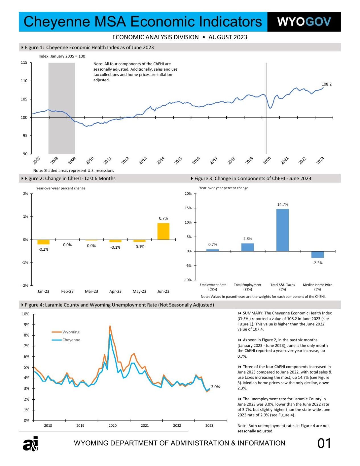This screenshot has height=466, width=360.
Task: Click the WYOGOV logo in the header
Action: (304, 22)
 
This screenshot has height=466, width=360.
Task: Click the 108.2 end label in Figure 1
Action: (326, 84)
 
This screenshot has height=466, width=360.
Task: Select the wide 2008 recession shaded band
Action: (61, 108)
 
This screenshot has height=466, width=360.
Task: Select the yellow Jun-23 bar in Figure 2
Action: (163, 231)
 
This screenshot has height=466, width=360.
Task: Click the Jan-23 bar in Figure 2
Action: (43, 242)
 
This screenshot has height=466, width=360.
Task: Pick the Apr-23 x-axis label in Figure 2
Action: (115, 291)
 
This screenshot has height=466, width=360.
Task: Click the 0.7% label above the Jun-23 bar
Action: (163, 218)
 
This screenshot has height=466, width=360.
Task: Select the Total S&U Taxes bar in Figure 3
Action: (282, 230)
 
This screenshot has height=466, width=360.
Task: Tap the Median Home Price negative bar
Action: (317, 254)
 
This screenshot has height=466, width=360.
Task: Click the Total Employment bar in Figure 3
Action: (247, 247)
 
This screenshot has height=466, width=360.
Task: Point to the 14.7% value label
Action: (283, 204)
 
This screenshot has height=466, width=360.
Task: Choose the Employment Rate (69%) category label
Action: (213, 287)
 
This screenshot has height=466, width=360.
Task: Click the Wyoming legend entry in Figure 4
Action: (71, 332)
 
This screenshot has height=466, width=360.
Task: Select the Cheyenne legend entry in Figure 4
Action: (71, 340)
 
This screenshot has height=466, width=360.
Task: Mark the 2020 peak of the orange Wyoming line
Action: (110, 326)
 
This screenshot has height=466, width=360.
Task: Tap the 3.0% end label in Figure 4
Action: (215, 387)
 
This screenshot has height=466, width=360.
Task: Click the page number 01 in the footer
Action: (324, 443)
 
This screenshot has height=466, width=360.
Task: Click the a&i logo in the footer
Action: (30, 444)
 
